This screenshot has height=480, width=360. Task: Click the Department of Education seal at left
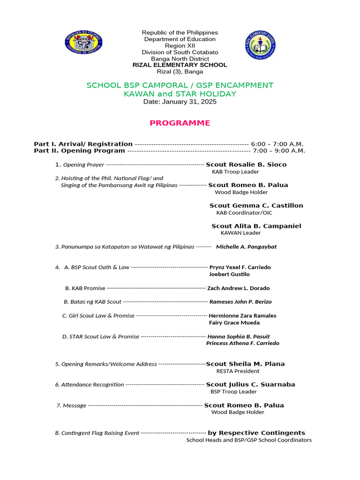point(84,43)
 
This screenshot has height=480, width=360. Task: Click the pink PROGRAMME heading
point(180,123)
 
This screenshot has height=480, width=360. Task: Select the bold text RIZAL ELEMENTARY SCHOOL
point(180,65)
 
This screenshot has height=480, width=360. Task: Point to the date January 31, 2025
point(180,102)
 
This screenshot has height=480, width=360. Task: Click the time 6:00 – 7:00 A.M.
point(277,144)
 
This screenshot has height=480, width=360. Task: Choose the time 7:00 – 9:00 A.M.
point(279,151)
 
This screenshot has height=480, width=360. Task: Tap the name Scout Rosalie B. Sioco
point(246,165)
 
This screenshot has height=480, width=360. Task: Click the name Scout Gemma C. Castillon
point(256,205)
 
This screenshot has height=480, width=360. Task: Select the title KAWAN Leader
point(240,233)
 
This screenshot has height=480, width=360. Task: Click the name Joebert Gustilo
point(229,274)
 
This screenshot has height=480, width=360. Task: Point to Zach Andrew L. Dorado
point(239,288)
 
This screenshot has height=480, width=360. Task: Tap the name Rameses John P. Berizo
point(240,302)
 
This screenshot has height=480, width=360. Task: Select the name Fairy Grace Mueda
point(234,322)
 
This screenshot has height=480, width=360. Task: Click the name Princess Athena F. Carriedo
point(243,343)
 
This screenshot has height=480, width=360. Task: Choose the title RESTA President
point(238,371)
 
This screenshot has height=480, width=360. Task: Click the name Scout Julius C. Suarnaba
point(251,384)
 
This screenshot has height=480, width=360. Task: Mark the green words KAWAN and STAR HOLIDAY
point(180,94)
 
